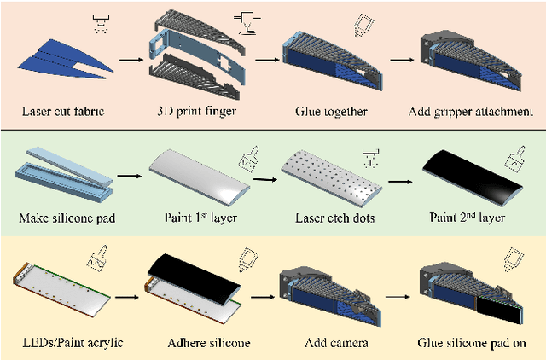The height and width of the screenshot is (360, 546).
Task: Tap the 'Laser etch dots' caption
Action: point(330,218)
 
